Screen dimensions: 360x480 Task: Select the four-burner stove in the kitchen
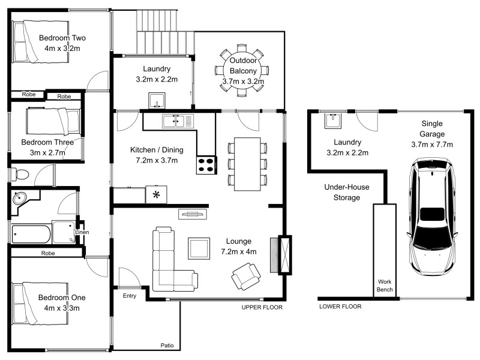[206, 165]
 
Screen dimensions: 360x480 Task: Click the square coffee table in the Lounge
[199, 247]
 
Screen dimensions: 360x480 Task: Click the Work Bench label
[385, 286]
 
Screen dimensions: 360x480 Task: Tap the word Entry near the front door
[130, 296]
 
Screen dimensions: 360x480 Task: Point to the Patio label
[167, 345]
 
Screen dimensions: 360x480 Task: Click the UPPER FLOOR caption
[262, 307]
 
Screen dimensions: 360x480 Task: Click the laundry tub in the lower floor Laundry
[332, 121]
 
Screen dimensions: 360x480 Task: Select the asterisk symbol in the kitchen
[157, 194]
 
